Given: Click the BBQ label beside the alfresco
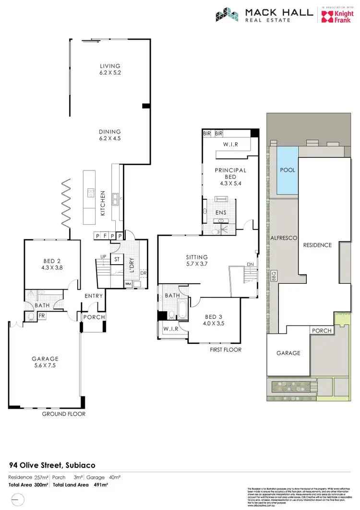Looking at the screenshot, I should (x=273, y=285).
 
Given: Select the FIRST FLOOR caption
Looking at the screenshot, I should (x=225, y=350).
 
